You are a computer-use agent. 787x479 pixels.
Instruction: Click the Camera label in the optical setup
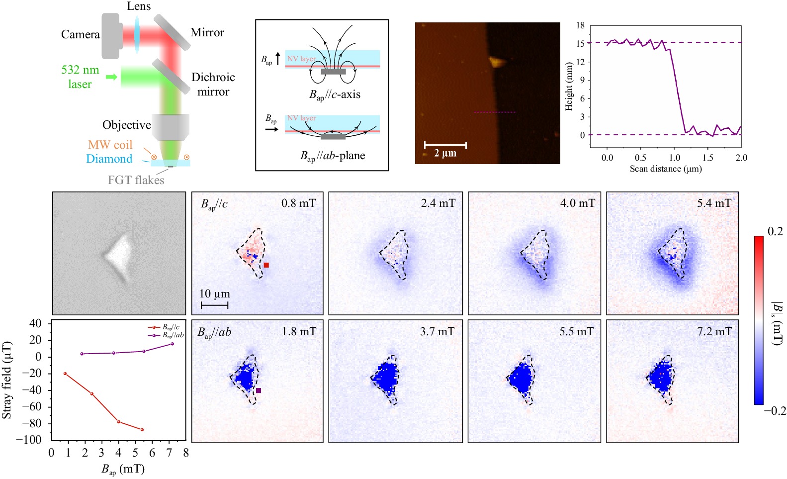(80, 34)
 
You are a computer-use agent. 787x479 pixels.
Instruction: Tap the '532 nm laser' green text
(80, 77)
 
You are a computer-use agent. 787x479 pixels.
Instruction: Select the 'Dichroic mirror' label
(213, 84)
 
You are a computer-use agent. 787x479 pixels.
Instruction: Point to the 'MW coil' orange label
(110, 145)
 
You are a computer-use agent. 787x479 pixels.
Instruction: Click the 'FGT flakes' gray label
(136, 180)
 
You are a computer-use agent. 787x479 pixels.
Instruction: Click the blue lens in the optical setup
(137, 34)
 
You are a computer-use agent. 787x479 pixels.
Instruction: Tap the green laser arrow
(111, 77)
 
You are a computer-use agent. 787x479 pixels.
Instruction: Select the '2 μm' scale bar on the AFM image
(445, 145)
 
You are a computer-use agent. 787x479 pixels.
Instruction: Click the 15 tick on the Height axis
(580, 44)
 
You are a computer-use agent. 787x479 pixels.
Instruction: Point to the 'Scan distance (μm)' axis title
(666, 169)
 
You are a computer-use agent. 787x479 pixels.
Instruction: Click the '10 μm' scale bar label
(215, 294)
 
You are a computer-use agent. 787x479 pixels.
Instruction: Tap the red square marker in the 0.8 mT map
(266, 265)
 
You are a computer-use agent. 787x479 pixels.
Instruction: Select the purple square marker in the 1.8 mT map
(259, 390)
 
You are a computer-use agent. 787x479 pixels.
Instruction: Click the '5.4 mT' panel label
(714, 203)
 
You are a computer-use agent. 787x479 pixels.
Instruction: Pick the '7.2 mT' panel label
(714, 331)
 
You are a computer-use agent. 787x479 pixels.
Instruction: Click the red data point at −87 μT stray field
(142, 429)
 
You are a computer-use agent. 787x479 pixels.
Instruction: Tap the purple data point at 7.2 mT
(173, 344)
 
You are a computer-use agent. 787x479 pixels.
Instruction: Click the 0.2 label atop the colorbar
(775, 231)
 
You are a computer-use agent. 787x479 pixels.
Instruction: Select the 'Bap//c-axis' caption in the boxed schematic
(335, 95)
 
